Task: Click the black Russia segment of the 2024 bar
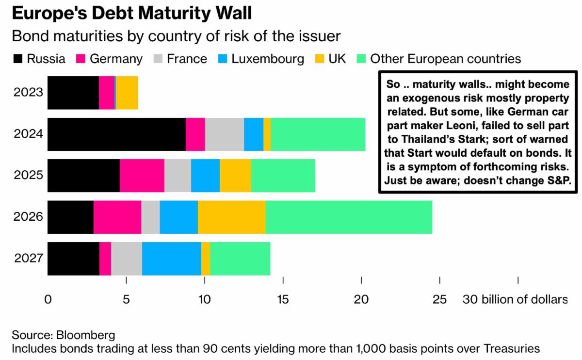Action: (x=116, y=134)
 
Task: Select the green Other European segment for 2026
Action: (x=349, y=217)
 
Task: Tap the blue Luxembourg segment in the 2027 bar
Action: (x=171, y=258)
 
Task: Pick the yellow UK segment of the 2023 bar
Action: (x=127, y=92)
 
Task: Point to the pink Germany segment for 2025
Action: (x=142, y=175)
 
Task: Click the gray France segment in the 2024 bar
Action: (x=224, y=134)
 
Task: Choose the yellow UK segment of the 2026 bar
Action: (x=231, y=217)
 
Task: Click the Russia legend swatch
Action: (x=17, y=59)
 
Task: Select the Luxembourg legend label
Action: (x=268, y=59)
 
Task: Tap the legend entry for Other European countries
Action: (x=445, y=59)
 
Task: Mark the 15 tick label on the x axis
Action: (x=283, y=300)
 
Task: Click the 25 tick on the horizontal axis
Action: (x=439, y=300)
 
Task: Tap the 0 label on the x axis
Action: (x=48, y=300)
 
